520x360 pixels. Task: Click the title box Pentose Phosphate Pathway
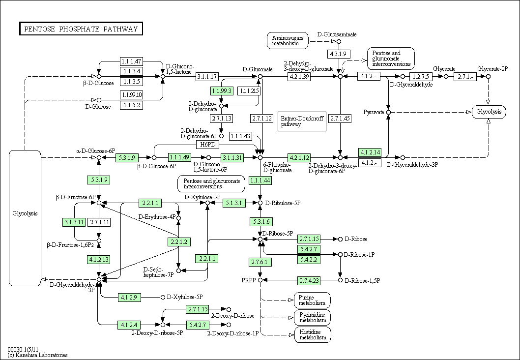[81, 29]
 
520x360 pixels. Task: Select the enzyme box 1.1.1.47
[131, 61]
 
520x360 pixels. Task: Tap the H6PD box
[207, 145]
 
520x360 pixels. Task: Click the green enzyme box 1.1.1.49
[179, 157]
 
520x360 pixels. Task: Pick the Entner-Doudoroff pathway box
[302, 121]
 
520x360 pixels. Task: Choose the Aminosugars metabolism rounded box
[288, 40]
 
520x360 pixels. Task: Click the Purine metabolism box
[312, 300]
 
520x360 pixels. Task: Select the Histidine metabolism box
[313, 334]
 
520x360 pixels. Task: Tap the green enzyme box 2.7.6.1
[260, 262]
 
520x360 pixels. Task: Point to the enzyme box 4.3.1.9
[339, 54]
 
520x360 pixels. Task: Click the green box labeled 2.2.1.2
[179, 242]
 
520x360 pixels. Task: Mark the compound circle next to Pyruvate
[389, 113]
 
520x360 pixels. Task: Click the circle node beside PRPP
[260, 280]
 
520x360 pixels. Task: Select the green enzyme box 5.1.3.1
[234, 203]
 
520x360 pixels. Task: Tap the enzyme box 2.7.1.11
[99, 222]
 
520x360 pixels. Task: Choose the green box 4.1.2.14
[370, 152]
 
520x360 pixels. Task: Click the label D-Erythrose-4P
[156, 217]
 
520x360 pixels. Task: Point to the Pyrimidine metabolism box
[313, 318]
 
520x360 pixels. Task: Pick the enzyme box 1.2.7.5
[421, 77]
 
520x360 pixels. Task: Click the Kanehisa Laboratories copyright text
[37, 355]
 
